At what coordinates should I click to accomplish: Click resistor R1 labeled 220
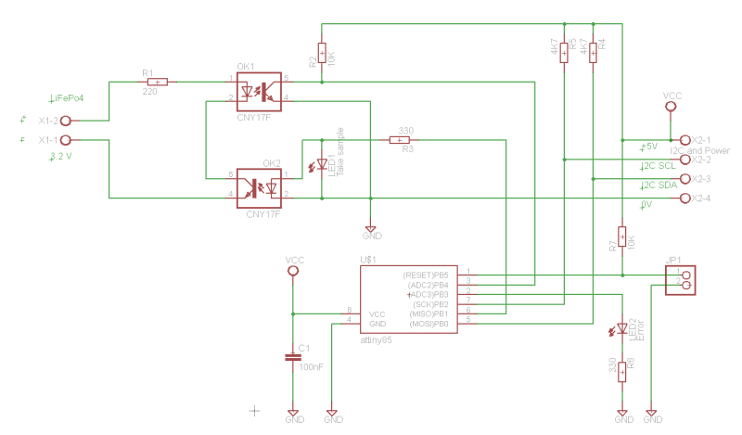coord(158,82)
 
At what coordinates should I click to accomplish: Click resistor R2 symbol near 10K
coord(322,53)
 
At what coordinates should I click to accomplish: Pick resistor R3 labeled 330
coord(399,140)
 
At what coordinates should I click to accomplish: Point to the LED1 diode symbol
coord(322,165)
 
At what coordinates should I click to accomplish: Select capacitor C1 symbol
coord(293,355)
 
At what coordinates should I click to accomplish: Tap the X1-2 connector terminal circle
coord(66,121)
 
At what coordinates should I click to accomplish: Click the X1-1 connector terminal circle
coord(66,140)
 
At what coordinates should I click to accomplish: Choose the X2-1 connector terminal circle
coord(685,140)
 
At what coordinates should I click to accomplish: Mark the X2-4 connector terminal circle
coord(685,198)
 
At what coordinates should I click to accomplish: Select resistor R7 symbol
coord(622,237)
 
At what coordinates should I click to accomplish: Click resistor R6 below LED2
coord(622,370)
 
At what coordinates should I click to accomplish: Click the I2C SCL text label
coord(658,166)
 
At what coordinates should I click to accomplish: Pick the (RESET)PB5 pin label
coord(426,275)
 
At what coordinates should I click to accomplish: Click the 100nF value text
coord(311,367)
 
